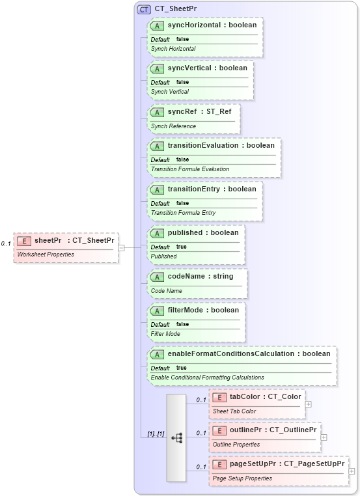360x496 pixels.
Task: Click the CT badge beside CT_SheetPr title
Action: click(144, 9)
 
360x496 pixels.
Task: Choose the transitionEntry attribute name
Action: click(194, 189)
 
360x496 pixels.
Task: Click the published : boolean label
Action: click(203, 232)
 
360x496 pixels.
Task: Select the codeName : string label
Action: click(200, 276)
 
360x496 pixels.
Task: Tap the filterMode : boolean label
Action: click(203, 310)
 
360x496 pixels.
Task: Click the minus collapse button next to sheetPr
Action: click(122, 247)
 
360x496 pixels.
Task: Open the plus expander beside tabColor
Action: click(309, 404)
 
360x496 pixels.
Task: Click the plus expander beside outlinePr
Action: click(324, 437)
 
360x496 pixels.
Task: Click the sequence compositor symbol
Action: click(176, 438)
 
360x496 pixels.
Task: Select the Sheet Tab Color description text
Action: click(234, 411)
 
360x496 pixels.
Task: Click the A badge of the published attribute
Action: click(158, 232)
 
